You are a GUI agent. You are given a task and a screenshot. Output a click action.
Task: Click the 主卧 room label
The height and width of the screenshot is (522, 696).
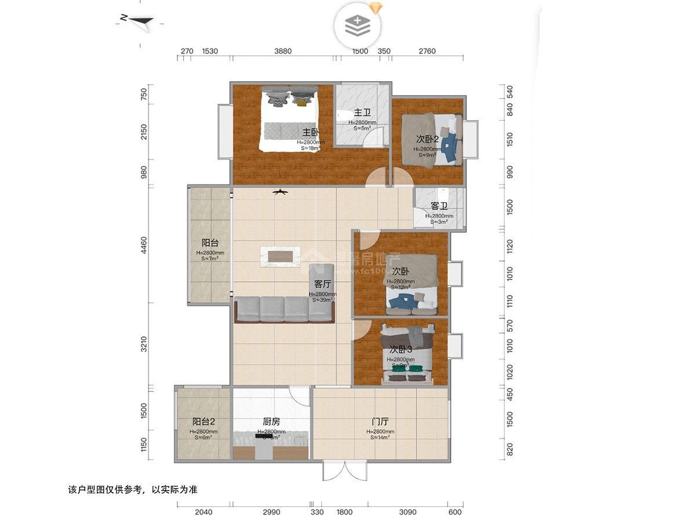coord(311,132)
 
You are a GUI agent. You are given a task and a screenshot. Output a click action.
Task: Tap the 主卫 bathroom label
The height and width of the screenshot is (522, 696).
coord(362,113)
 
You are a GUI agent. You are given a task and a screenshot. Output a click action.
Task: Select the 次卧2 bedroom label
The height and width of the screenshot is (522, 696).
coord(428,139)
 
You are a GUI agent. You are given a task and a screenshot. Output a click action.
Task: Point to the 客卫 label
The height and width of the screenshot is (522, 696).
coord(439,206)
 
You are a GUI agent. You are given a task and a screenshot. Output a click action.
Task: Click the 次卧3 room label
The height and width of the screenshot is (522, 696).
coord(400,350)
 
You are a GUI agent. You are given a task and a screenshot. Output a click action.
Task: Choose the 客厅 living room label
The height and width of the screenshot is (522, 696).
coord(322,284)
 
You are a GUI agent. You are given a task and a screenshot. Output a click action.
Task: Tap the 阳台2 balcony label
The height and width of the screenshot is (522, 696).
coord(204,422)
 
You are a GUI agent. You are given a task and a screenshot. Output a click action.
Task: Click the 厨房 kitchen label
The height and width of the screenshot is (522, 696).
coord(271,422)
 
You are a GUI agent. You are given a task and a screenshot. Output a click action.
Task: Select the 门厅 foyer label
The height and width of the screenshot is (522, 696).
coord(380,422)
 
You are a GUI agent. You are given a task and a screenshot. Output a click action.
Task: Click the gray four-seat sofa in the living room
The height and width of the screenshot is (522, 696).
coord(284,309)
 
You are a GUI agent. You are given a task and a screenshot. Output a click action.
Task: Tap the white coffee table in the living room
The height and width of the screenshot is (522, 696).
coord(281,256)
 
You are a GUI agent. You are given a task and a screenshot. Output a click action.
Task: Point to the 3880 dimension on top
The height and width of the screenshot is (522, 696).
coord(283,51)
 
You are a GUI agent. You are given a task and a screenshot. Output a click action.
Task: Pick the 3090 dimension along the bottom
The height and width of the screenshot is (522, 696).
coord(409,512)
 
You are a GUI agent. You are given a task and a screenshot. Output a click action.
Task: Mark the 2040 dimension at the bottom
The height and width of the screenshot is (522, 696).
coord(204,512)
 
